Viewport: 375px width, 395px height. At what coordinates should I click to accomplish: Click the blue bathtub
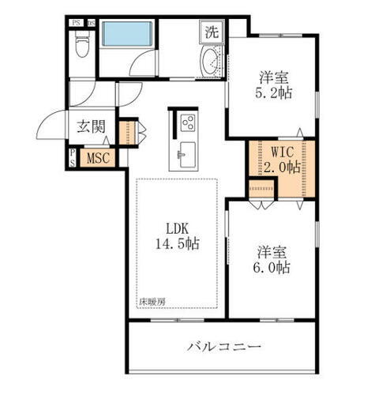[129, 35]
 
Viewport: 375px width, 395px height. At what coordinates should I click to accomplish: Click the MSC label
[98, 157]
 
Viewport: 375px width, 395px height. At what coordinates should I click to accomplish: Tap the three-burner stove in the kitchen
[188, 123]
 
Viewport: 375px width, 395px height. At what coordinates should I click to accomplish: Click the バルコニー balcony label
[223, 345]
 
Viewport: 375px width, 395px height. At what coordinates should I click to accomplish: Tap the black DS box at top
[91, 22]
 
